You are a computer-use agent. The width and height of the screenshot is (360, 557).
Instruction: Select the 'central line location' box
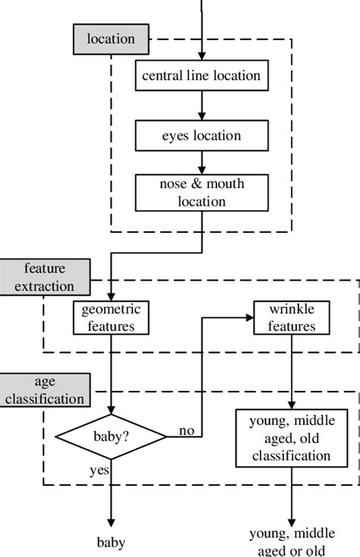coord(201,75)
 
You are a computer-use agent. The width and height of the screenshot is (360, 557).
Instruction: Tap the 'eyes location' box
coord(201,136)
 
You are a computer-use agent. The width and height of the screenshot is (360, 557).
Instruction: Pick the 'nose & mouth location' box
coord(201,192)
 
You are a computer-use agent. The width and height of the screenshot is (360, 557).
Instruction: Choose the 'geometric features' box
coord(111,318)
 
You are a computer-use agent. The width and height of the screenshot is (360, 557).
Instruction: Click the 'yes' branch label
coord(99,470)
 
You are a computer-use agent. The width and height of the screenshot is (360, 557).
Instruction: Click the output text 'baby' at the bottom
coord(111,543)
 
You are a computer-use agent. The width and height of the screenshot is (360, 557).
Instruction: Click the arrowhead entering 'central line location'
coord(201,56)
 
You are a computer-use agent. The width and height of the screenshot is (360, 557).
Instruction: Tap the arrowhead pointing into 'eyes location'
coord(201,116)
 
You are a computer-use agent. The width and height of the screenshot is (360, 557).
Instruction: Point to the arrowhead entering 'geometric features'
coord(111,297)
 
